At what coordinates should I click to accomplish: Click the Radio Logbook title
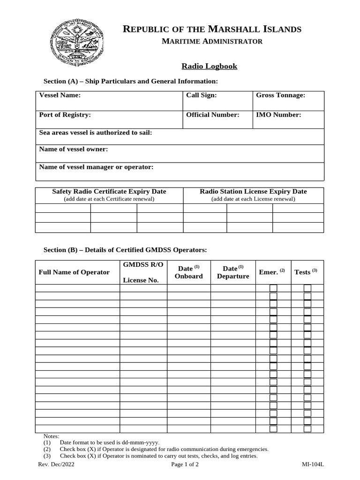point(209,66)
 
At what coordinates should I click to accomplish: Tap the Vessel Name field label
point(60,95)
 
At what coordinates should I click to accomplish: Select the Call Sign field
point(202,95)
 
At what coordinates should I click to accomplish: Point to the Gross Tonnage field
point(280,95)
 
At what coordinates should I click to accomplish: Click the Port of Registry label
point(65,114)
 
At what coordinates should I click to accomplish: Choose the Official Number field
point(212,114)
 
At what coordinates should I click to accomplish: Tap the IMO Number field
point(278,114)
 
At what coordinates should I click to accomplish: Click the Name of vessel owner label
point(74,149)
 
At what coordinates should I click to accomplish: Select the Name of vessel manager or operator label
point(96,167)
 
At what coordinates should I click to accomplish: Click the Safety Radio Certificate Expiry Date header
point(109,191)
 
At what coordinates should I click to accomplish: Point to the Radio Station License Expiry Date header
point(253,191)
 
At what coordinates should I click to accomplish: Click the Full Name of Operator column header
point(74,272)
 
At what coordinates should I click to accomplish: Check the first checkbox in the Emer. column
point(273,288)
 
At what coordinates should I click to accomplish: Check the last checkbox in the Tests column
point(307,429)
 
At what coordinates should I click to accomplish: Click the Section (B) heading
point(125,250)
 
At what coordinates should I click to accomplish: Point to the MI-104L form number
point(313,465)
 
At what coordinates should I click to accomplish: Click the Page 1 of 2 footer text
point(185,465)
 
